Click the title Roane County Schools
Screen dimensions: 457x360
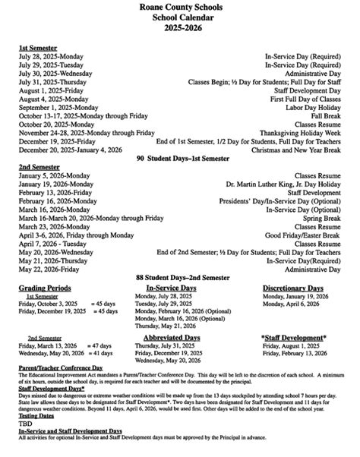click(x=180, y=7)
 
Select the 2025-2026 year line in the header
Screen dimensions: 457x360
click(x=180, y=28)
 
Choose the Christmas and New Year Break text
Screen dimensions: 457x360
click(x=297, y=151)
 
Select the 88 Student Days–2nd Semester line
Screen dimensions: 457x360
click(x=180, y=278)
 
